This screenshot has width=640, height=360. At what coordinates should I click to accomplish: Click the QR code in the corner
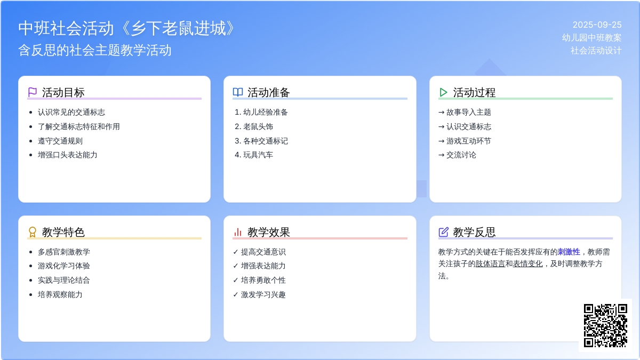coord(605,325)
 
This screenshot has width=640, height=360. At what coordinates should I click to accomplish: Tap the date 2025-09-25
coord(597,25)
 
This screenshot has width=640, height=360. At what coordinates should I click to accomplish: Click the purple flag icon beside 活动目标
coord(33,92)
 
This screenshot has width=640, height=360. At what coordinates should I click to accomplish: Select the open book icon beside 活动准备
coord(238,92)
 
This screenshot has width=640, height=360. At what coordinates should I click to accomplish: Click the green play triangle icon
coord(443,92)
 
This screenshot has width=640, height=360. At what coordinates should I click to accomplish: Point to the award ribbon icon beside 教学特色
coord(33,232)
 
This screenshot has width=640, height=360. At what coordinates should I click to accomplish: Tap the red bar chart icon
coord(238,232)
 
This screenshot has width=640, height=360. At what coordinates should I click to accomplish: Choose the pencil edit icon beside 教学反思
coord(443,232)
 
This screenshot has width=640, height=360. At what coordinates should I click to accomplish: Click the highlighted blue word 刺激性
coord(569,252)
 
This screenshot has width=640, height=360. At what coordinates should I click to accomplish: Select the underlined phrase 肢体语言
coord(490,263)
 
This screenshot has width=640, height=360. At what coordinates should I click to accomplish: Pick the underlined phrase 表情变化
coord(527,263)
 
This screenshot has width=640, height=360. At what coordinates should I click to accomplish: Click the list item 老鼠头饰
coord(258,126)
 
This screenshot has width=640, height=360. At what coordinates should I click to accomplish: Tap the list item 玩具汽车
coord(258,155)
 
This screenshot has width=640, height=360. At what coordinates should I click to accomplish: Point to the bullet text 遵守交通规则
coord(60,141)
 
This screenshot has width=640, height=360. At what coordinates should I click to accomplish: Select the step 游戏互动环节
coord(469,141)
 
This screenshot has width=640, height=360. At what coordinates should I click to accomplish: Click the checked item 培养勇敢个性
coord(263,280)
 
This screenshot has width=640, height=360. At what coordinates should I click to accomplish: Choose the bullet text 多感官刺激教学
coord(63,252)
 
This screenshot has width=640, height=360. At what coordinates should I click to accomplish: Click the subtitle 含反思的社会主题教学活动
coord(95,50)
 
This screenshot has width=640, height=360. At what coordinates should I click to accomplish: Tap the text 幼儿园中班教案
coord(591,38)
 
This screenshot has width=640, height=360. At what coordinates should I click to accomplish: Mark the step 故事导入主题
coord(469,113)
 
